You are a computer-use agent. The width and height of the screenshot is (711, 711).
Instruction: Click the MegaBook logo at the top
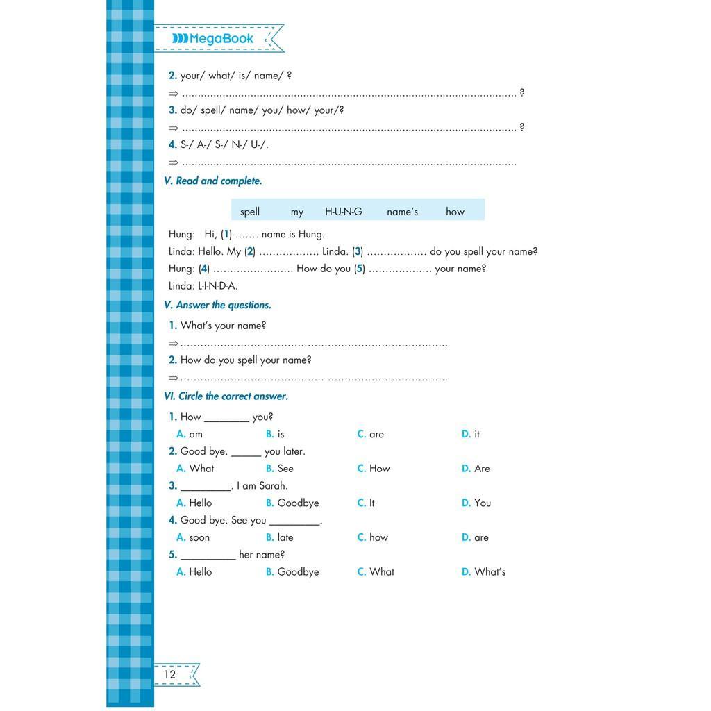pyautogui.click(x=213, y=39)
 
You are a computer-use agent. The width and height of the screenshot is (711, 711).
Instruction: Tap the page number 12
pyautogui.click(x=170, y=674)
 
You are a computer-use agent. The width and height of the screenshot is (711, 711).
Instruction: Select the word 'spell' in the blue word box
pyautogui.click(x=250, y=212)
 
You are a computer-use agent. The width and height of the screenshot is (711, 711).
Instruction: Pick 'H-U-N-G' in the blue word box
pyautogui.click(x=344, y=212)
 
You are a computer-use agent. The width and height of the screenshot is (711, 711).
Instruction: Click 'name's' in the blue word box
pyautogui.click(x=402, y=212)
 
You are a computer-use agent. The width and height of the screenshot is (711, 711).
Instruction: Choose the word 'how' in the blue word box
pyautogui.click(x=455, y=212)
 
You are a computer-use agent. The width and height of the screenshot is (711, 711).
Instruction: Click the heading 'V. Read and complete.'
pyautogui.click(x=213, y=181)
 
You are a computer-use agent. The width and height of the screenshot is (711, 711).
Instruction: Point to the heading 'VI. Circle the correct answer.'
pyautogui.click(x=226, y=396)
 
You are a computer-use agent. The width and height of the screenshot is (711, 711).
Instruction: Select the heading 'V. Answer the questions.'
pyautogui.click(x=218, y=305)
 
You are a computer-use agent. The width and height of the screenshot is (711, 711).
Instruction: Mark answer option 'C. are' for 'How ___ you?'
pyautogui.click(x=371, y=434)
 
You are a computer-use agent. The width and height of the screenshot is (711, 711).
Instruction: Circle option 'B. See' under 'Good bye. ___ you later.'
pyautogui.click(x=280, y=469)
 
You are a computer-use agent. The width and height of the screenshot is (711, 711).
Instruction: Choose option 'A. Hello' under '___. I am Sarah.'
pyautogui.click(x=194, y=503)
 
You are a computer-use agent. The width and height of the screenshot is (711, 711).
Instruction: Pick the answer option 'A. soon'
pyautogui.click(x=193, y=537)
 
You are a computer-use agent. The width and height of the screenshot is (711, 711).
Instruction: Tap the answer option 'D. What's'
pyautogui.click(x=484, y=572)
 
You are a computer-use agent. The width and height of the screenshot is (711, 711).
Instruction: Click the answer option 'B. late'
pyautogui.click(x=280, y=537)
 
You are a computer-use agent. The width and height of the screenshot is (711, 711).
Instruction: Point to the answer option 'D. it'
pyautogui.click(x=471, y=434)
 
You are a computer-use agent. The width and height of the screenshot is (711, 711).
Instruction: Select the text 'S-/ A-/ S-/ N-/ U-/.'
pyautogui.click(x=224, y=144)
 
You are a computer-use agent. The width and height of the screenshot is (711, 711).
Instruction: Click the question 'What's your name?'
pyautogui.click(x=223, y=326)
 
